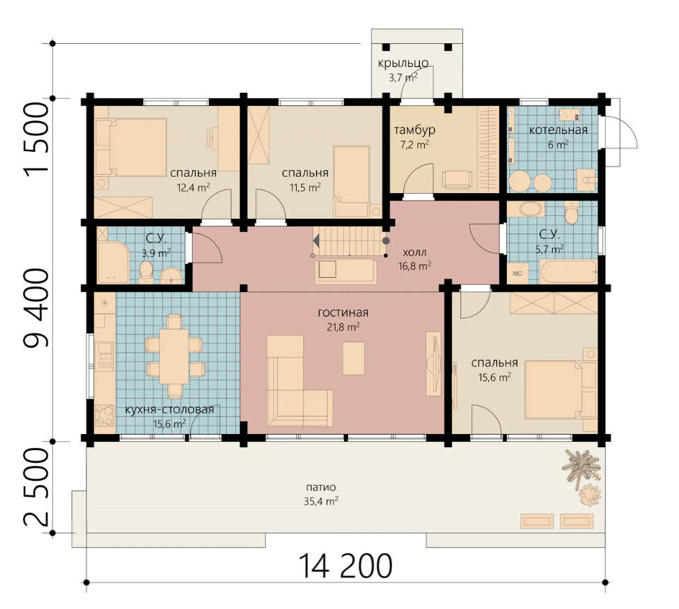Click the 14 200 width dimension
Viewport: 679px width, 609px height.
pyautogui.click(x=345, y=566)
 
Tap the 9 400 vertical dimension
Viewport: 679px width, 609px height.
pyautogui.click(x=36, y=309)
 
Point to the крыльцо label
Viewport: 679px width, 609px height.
pyautogui.click(x=403, y=63)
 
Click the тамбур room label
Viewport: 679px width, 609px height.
pyautogui.click(x=414, y=130)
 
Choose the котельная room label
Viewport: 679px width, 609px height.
pyautogui.click(x=558, y=130)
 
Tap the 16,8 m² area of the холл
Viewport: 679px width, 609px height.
pyautogui.click(x=414, y=265)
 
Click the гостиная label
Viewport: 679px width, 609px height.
pyautogui.click(x=343, y=313)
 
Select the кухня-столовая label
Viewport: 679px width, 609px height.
pyautogui.click(x=169, y=410)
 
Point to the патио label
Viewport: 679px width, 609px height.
pyautogui.click(x=321, y=487)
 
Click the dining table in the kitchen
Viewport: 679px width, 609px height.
pyautogui.click(x=174, y=357)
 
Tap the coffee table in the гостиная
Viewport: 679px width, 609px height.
pyautogui.click(x=353, y=358)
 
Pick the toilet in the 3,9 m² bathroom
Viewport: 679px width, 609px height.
pyautogui.click(x=146, y=272)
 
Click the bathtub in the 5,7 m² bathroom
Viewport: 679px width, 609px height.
pyautogui.click(x=568, y=271)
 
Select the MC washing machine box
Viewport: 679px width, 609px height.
pyautogui.click(x=517, y=273)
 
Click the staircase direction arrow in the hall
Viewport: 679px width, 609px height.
pyautogui.click(x=317, y=240)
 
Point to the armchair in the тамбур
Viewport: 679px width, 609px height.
pyautogui.click(x=458, y=179)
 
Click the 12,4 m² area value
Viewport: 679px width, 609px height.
pyautogui.click(x=193, y=187)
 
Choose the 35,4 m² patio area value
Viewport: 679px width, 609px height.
pyautogui.click(x=321, y=502)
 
